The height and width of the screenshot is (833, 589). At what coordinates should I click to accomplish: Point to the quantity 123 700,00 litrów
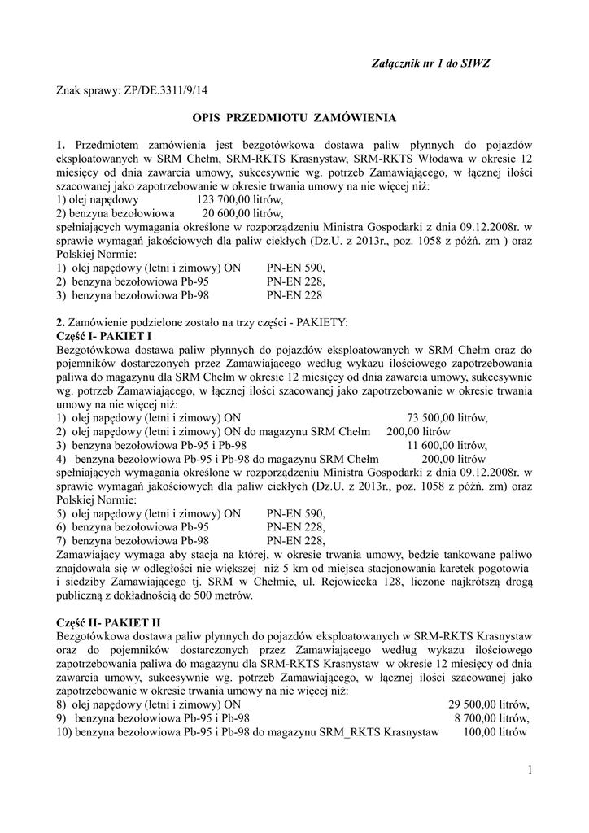click(241, 199)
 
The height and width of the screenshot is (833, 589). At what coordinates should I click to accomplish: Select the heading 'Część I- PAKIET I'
click(104, 334)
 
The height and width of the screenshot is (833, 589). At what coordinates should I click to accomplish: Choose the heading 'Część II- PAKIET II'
click(109, 622)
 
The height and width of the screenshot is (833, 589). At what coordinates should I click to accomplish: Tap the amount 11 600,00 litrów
click(447, 445)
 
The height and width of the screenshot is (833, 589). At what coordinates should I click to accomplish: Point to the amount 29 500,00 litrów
click(489, 704)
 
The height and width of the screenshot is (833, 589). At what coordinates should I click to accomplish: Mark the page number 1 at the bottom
click(528, 770)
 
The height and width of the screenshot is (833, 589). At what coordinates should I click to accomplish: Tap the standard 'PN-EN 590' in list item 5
click(296, 514)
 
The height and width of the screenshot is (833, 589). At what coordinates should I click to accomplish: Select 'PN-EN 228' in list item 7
click(296, 539)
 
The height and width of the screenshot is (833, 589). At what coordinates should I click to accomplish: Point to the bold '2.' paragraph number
click(61, 322)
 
